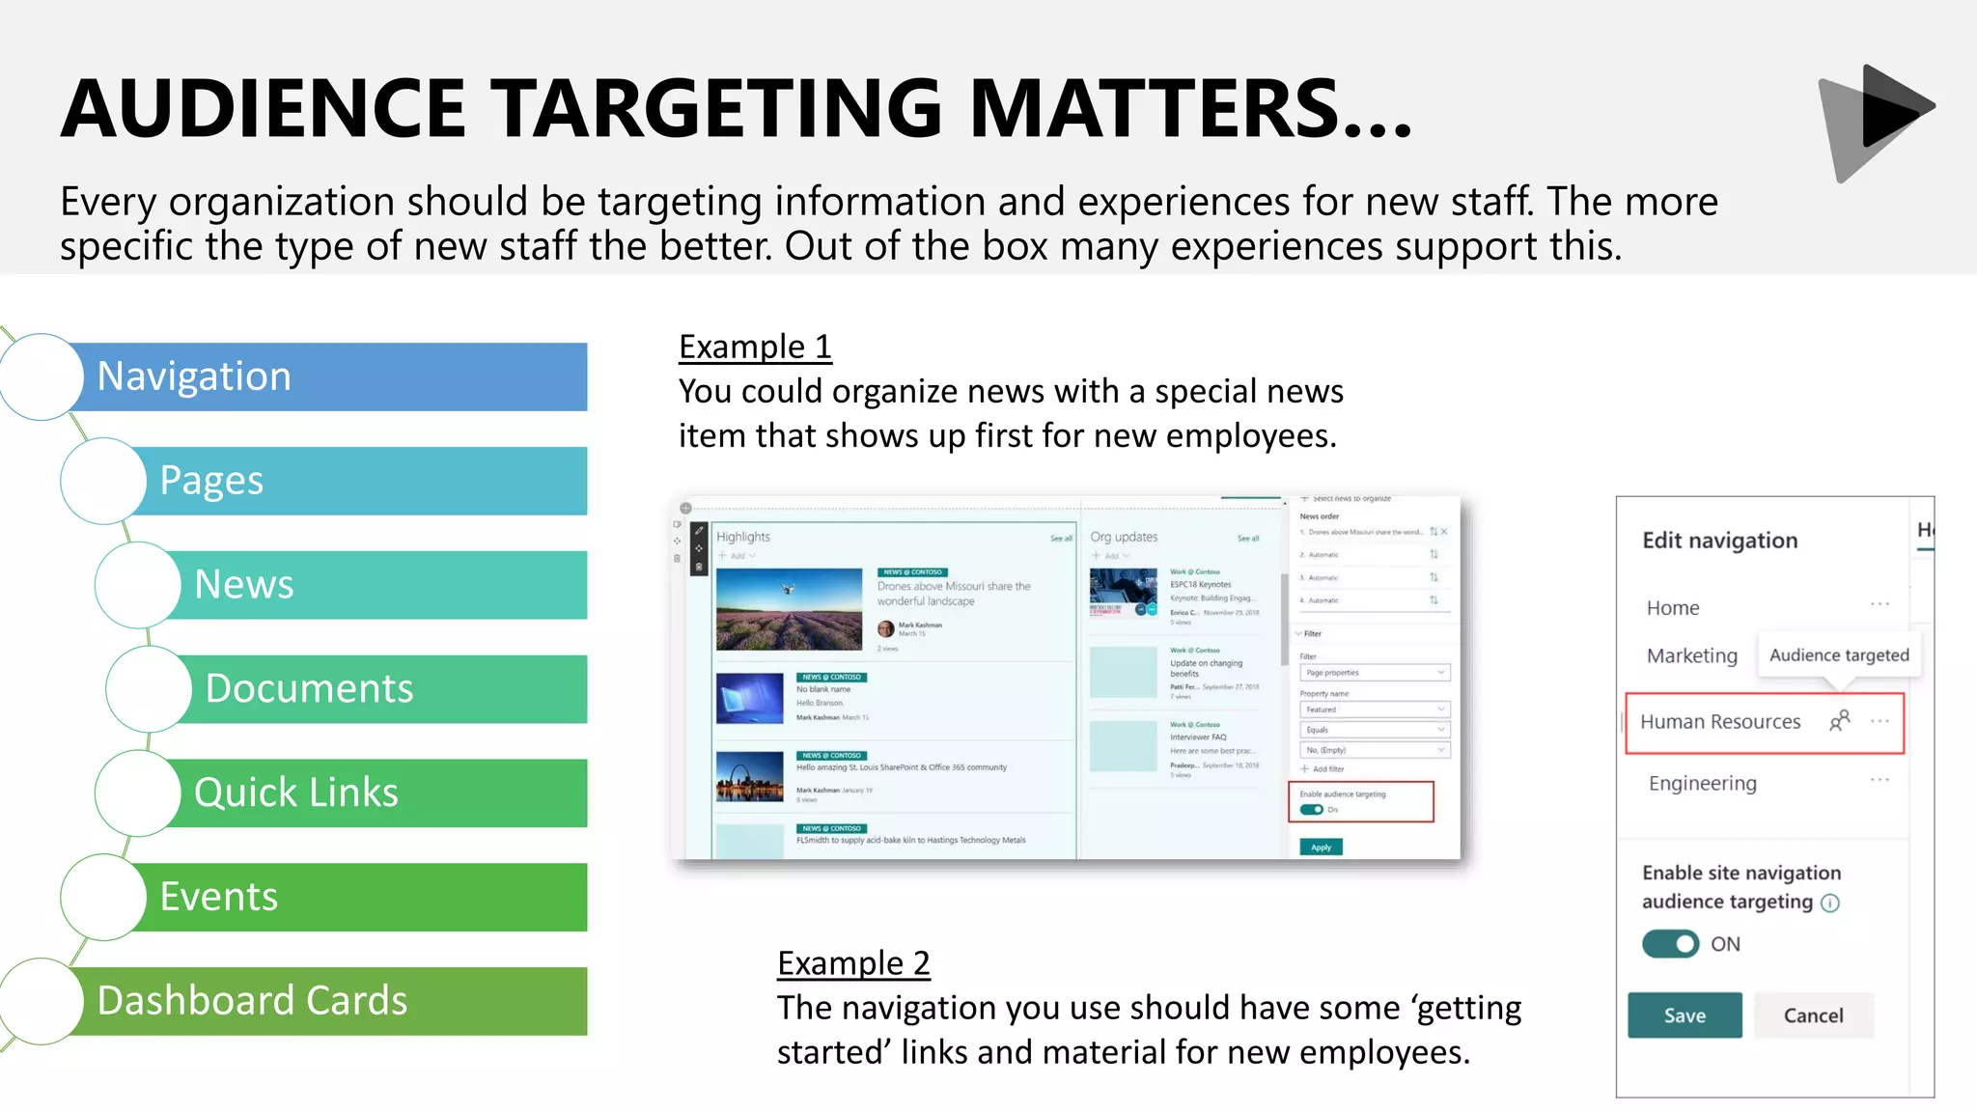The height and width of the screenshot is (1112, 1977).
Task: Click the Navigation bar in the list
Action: point(328,376)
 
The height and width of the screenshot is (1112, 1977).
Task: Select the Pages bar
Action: point(357,481)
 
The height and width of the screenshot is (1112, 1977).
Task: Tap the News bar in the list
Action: point(376,585)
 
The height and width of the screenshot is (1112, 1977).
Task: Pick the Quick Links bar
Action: point(376,793)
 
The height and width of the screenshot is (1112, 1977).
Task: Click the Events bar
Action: point(357,898)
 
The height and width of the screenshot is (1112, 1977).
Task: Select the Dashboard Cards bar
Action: point(328,1001)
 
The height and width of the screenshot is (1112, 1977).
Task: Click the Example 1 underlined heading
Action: point(755,347)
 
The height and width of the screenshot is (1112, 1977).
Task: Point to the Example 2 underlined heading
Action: point(853,963)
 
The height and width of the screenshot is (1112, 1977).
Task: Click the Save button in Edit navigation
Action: point(1685,1015)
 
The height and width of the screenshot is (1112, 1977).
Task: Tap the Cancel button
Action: point(1813,1015)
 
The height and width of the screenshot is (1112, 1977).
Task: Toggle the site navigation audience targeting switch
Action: point(1671,944)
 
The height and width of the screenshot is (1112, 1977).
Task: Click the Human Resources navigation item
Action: point(1720,722)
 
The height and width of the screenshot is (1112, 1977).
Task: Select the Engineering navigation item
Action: point(1702,784)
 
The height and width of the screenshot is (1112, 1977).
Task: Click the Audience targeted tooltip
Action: point(1839,655)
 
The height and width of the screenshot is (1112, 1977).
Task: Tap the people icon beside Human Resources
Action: point(1840,721)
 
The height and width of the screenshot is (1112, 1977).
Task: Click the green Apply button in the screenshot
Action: point(1321,848)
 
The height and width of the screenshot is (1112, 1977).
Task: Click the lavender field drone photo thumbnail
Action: point(789,609)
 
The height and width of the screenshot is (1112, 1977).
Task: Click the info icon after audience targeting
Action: point(1830,903)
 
